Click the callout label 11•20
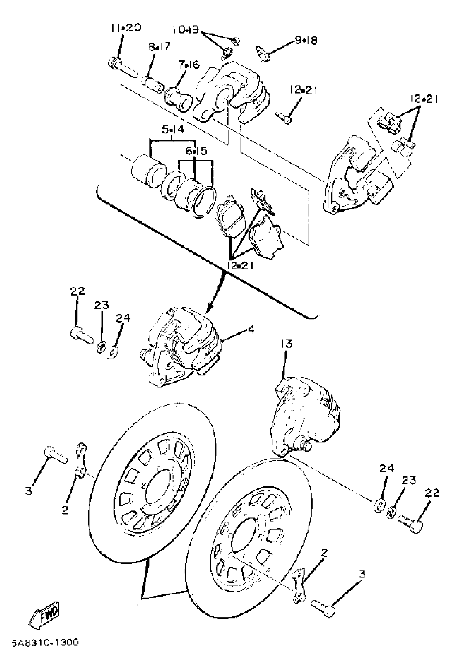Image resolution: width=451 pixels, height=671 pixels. (126, 28)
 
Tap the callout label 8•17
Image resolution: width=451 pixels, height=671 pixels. (159, 47)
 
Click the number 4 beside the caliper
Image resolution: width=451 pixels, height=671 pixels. (251, 330)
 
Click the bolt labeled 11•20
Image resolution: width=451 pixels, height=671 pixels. (122, 68)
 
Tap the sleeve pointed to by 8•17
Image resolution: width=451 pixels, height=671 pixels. (153, 82)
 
